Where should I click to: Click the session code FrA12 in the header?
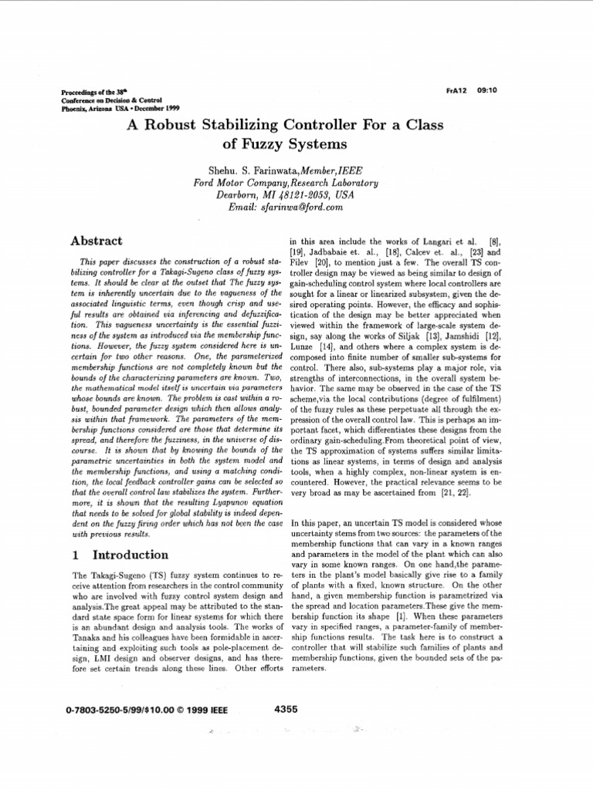tap(457, 89)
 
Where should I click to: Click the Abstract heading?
tap(97, 241)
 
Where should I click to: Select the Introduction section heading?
tap(130, 555)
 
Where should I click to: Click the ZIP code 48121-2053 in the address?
tap(299, 194)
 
